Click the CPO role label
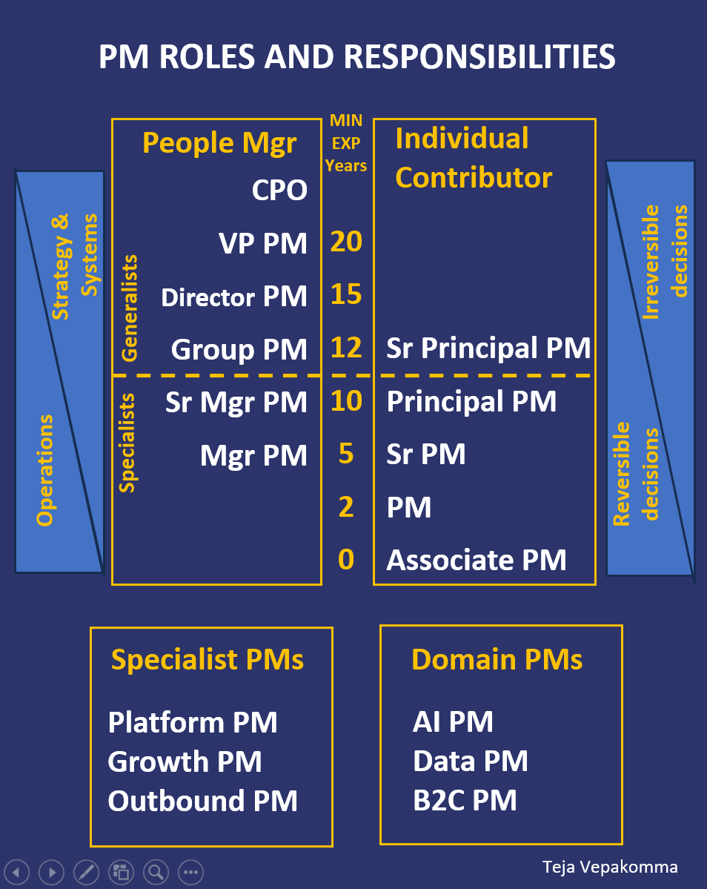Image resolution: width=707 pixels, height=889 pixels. pos(279,191)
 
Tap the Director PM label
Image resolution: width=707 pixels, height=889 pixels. pos(234,297)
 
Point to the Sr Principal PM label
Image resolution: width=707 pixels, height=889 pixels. pos(488,348)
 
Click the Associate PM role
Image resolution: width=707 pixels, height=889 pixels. pos(477,560)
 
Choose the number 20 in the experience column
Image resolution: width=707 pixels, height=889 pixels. pos(346,242)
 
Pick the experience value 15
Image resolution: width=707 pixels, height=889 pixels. pos(346,295)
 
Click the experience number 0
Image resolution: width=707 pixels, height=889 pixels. pos(346,560)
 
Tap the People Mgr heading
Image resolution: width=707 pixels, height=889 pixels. pos(219,142)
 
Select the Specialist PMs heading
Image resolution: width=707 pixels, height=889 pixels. pos(208,659)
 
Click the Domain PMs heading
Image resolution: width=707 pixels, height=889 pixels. pos(497,659)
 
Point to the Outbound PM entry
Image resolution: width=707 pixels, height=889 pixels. pos(203,801)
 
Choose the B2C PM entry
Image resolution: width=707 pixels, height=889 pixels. pos(465,801)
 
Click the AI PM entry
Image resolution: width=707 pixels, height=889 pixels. pos(453,721)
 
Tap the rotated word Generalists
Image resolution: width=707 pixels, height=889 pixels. pos(129,308)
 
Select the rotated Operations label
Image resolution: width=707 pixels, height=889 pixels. pos(46,471)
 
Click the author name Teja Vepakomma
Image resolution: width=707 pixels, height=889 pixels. pos(610,867)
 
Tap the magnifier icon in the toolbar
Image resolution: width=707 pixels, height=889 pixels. pos(156,872)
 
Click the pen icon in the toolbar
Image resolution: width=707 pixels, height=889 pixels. pos(85,872)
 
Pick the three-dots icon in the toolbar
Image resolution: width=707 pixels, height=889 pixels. pos(190,872)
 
